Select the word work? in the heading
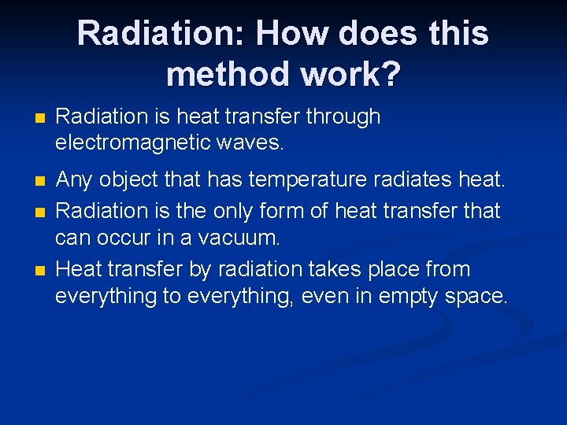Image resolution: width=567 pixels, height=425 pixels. (362, 74)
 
